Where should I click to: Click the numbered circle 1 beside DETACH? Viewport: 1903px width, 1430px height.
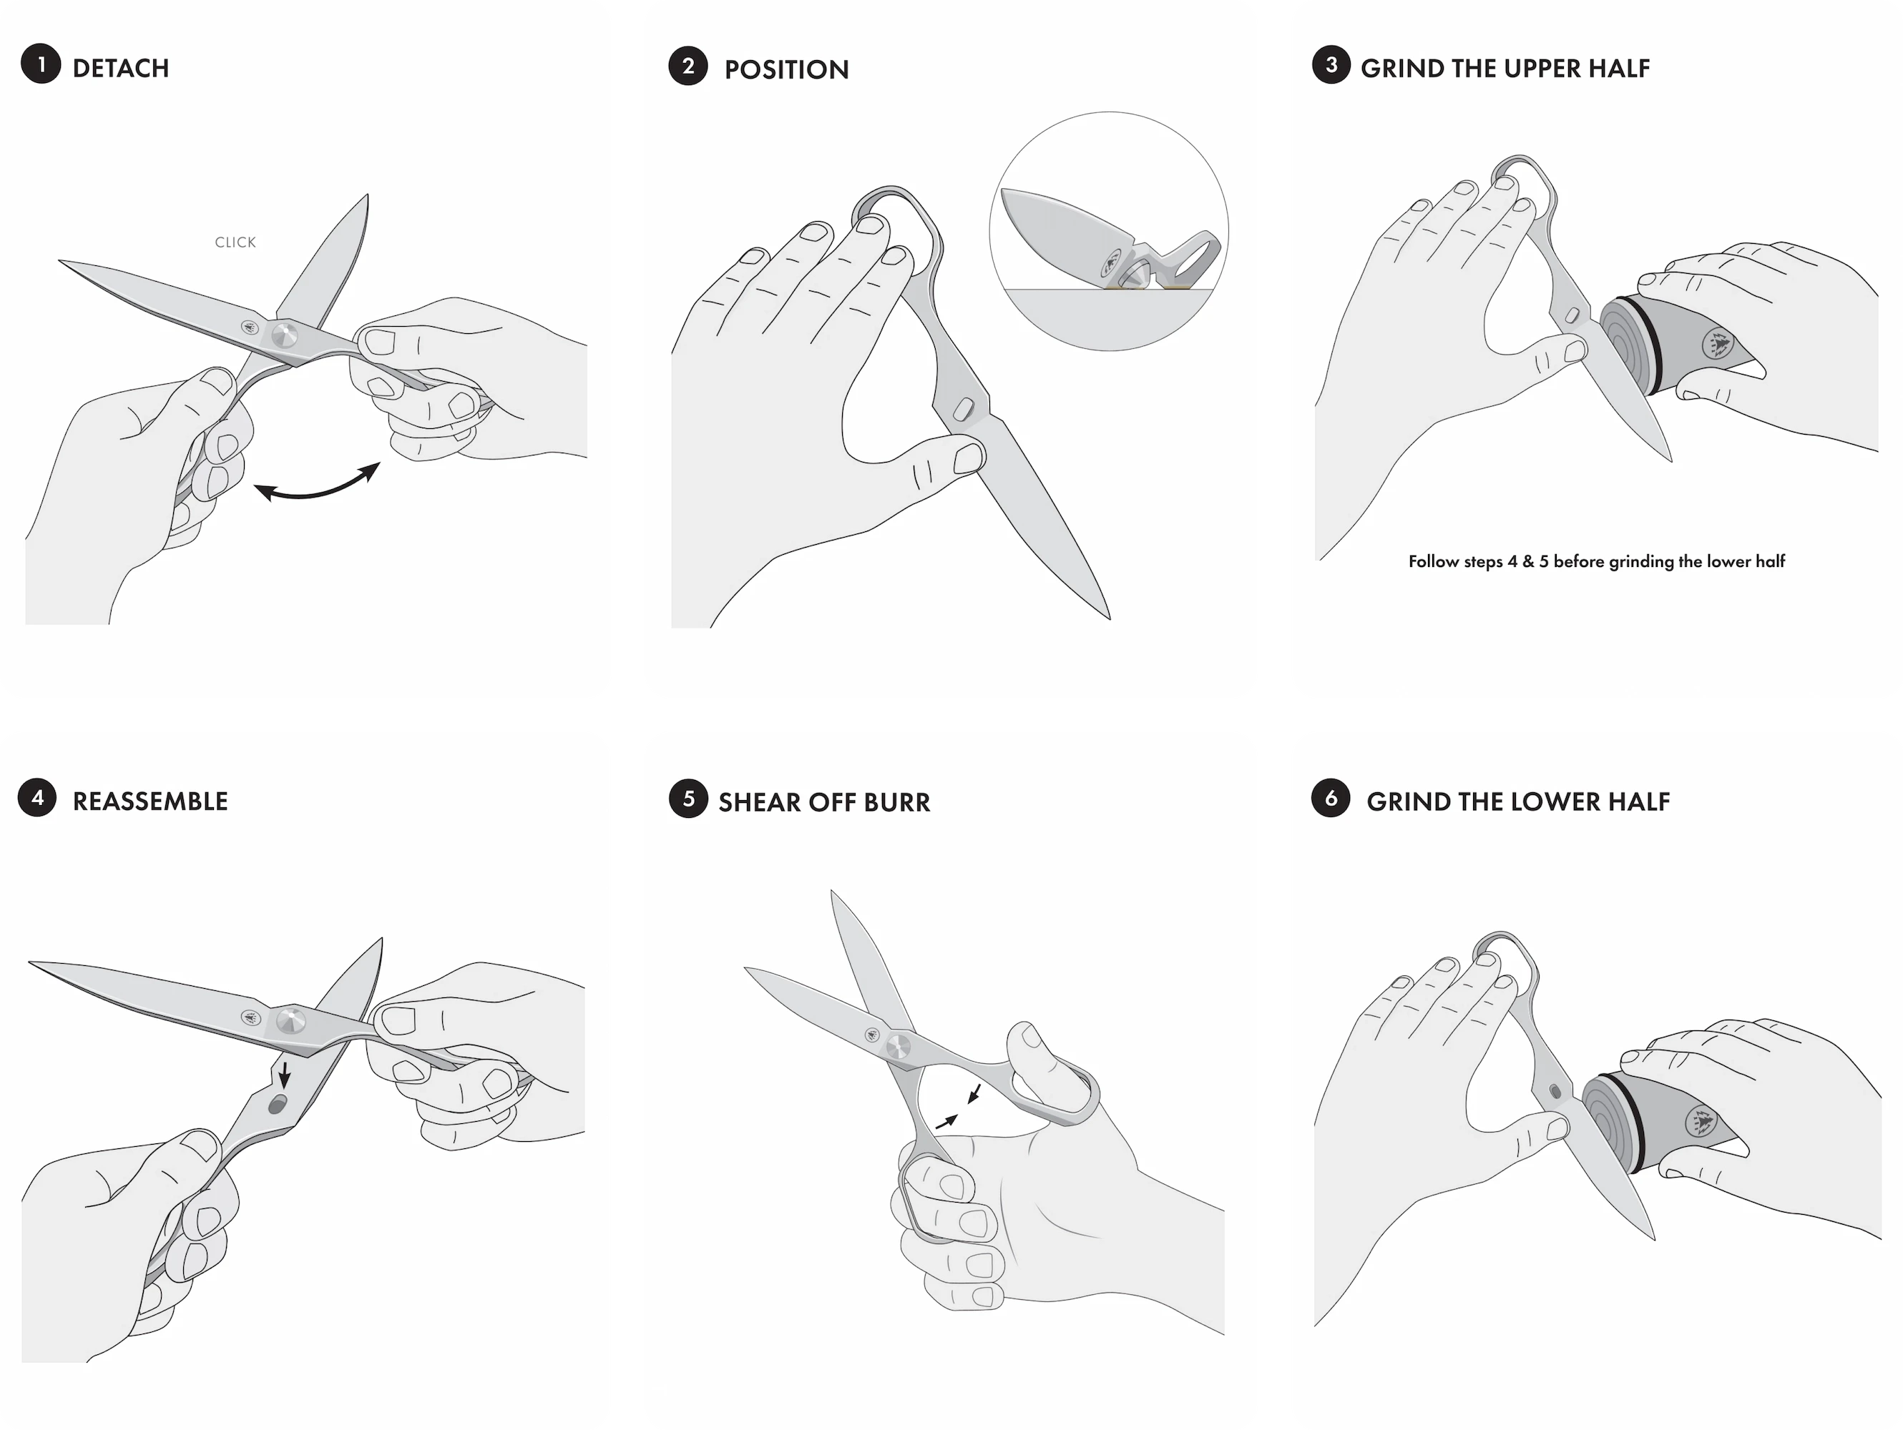(41, 64)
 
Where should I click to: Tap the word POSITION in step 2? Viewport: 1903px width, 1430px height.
(786, 69)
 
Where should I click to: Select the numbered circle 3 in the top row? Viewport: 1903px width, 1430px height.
(1331, 65)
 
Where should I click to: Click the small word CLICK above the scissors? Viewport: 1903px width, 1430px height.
(235, 242)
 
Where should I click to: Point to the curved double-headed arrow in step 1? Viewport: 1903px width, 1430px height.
(317, 488)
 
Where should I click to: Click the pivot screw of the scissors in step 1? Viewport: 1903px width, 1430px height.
(285, 335)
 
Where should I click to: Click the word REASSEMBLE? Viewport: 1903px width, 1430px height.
(150, 802)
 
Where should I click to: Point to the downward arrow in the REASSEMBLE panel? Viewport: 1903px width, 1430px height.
(284, 1075)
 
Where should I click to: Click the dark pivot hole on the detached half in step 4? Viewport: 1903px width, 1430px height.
(277, 1105)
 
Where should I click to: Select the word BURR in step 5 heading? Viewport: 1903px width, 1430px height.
(896, 803)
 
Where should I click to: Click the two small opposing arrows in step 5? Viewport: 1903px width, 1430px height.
(959, 1108)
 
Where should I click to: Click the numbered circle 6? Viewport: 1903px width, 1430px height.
(1331, 798)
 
